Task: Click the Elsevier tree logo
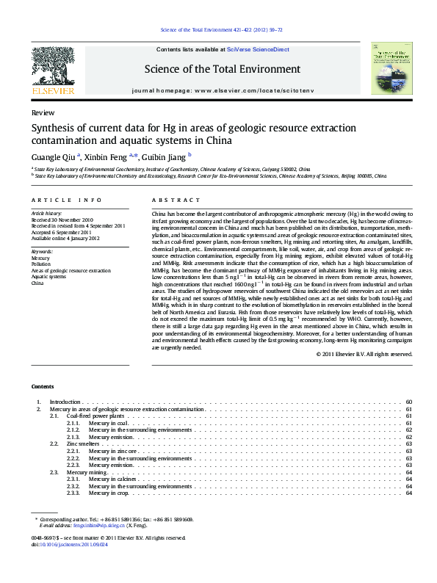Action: click(x=53, y=67)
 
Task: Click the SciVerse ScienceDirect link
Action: click(x=258, y=50)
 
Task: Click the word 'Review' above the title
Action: click(x=42, y=113)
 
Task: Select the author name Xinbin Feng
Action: click(x=106, y=156)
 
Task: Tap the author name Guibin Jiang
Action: click(x=166, y=156)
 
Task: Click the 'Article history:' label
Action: click(x=47, y=213)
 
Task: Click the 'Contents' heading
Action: click(x=43, y=386)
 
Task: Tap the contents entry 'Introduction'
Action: click(x=65, y=402)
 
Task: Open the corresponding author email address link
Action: click(x=101, y=526)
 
